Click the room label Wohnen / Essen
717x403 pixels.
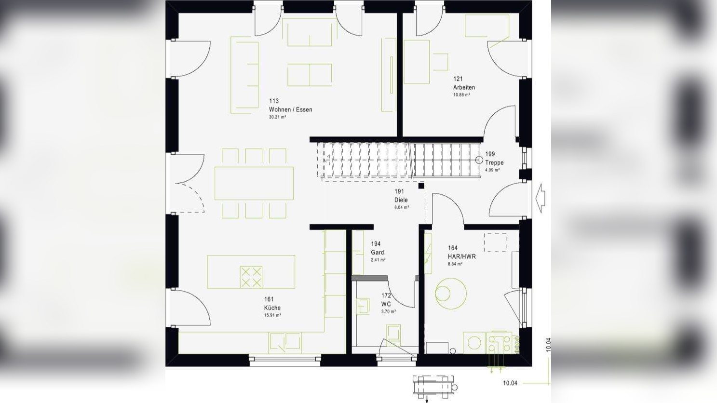[290, 109]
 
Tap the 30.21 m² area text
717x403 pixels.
[278, 117]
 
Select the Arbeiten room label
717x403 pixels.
[464, 87]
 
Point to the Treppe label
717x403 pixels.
[494, 162]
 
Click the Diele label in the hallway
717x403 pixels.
[401, 200]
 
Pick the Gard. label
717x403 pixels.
[378, 252]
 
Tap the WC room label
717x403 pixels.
[386, 304]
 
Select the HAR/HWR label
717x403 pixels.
[461, 256]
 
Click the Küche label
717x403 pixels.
[272, 308]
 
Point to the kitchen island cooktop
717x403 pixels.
[251, 277]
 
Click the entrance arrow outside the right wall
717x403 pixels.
[541, 198]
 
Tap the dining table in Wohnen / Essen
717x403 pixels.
[254, 183]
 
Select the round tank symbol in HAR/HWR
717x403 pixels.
[451, 294]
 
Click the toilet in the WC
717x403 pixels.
[393, 334]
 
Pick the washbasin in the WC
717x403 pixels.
[362, 306]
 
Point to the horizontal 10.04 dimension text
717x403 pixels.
[510, 383]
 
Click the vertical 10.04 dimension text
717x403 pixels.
[548, 345]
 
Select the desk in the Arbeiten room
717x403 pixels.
[417, 62]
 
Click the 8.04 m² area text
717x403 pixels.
[402, 207]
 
